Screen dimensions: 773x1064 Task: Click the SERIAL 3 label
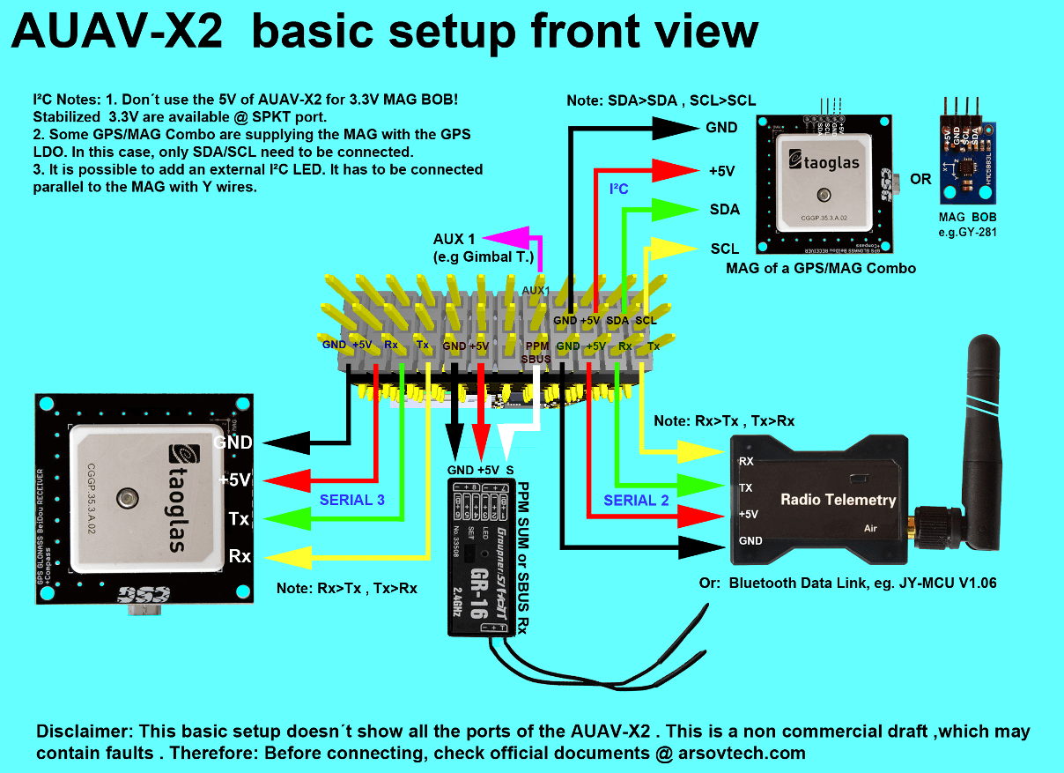(351, 500)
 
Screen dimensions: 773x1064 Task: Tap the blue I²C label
(619, 189)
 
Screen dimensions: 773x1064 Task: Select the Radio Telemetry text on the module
(838, 500)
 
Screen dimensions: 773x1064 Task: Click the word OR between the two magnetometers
(920, 179)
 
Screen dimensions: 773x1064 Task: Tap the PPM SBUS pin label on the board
(536, 353)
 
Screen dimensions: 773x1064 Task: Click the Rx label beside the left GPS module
(240, 556)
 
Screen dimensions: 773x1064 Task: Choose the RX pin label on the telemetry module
(746, 461)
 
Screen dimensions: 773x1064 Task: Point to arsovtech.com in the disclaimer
(741, 753)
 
